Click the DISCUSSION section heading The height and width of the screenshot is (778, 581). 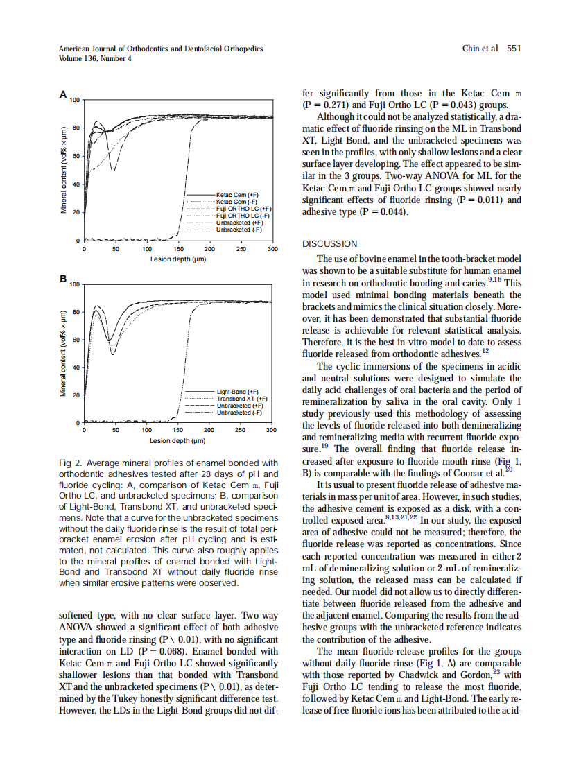click(329, 243)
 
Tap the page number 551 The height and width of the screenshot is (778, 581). click(513, 49)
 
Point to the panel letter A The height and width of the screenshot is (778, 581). click(63, 94)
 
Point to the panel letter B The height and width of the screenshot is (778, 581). click(63, 279)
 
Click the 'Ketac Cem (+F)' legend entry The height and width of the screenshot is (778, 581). click(237, 196)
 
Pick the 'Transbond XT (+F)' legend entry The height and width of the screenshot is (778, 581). click(242, 399)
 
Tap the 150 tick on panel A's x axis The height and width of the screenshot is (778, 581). click(178, 248)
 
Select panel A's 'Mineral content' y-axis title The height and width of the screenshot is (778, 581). click(64, 170)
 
